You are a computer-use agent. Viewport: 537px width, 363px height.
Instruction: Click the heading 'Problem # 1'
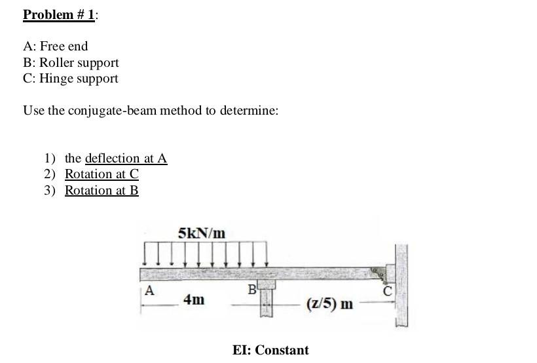(x=58, y=14)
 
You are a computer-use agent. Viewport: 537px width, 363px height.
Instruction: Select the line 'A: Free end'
(x=55, y=47)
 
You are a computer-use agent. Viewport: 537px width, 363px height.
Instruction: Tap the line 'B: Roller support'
(x=71, y=63)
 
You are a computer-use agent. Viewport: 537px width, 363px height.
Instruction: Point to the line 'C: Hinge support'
(x=71, y=79)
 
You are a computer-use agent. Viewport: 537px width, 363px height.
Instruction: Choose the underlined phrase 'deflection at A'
(x=126, y=159)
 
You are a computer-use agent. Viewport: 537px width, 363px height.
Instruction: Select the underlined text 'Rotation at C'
(x=102, y=174)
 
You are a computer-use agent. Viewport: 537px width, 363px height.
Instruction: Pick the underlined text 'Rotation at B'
(x=102, y=191)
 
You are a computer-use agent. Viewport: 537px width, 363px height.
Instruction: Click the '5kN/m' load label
(x=202, y=233)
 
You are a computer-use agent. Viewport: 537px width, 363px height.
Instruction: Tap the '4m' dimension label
(x=193, y=300)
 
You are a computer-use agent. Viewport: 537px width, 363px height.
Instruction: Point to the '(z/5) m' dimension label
(x=329, y=304)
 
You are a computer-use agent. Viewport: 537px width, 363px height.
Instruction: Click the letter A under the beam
(x=150, y=290)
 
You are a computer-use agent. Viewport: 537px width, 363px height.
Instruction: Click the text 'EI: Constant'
(x=270, y=350)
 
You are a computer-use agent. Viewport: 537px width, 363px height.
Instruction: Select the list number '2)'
(x=50, y=174)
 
